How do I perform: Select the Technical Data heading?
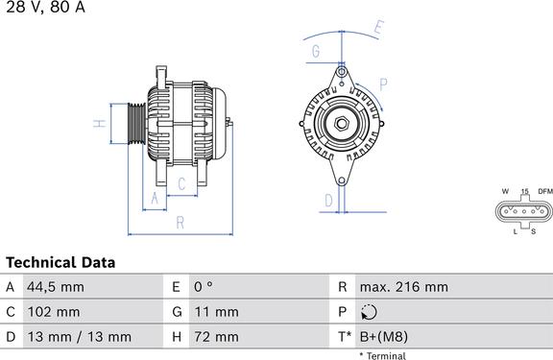60,262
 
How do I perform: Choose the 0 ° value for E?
204,287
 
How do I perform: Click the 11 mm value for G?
216,312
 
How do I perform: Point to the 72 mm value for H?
216,337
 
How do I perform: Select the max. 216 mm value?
403,287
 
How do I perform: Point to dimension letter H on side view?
98,124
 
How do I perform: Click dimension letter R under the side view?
180,222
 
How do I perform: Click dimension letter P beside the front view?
383,84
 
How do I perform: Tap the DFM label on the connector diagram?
544,192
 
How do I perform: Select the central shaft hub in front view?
340,122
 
